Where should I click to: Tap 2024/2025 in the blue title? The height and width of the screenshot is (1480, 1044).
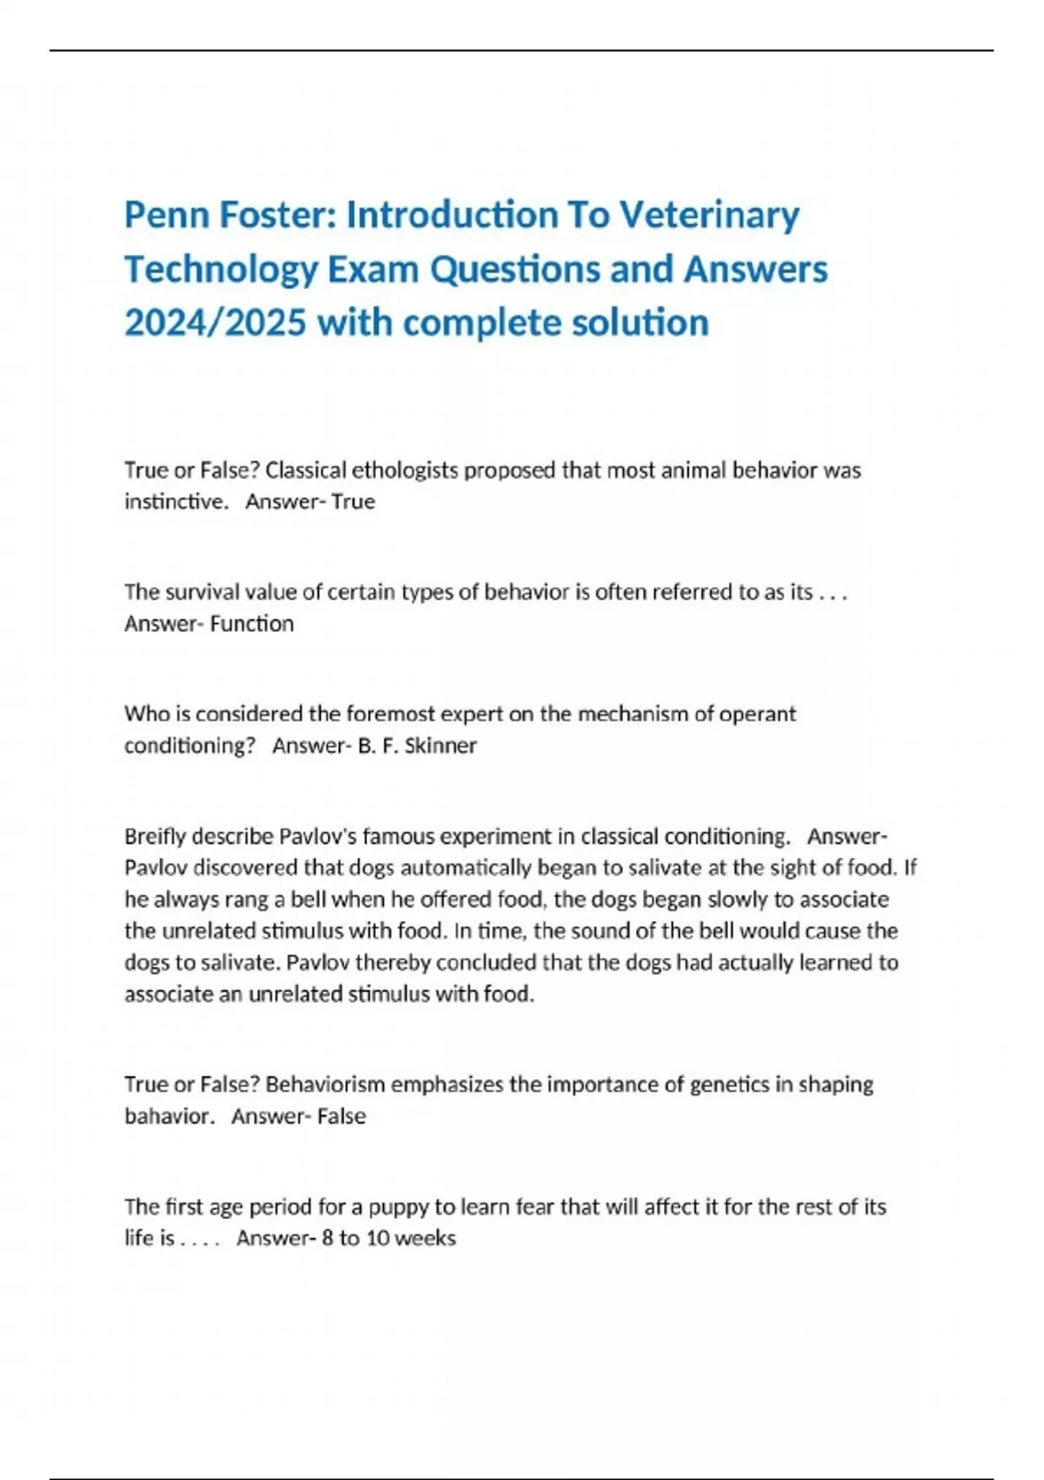215,323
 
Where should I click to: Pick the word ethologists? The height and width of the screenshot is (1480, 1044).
406,470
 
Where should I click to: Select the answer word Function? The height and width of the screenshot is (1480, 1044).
251,623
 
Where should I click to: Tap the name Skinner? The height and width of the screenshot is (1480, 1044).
441,745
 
